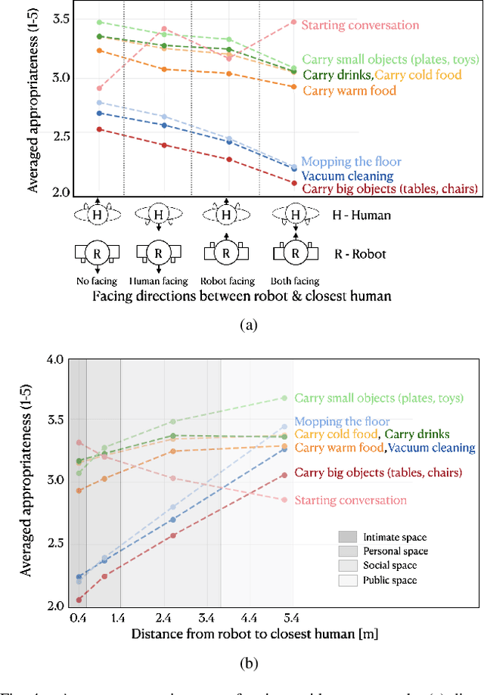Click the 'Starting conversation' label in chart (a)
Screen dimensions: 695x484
(x=360, y=25)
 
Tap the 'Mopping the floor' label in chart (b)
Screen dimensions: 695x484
(x=342, y=421)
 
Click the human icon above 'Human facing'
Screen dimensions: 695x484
(x=158, y=215)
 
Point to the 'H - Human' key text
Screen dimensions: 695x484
(x=362, y=215)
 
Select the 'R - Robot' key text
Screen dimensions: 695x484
(x=361, y=253)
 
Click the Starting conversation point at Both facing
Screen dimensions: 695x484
(x=294, y=22)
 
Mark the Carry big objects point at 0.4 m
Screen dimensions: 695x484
(x=79, y=600)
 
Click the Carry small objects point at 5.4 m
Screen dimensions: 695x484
(x=285, y=398)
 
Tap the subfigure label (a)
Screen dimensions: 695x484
(x=247, y=324)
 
